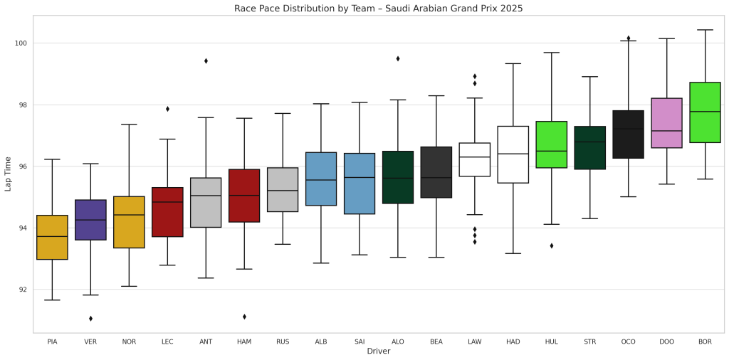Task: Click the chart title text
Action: point(378,9)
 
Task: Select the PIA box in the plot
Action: point(52,238)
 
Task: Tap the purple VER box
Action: point(90,220)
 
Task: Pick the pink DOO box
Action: point(666,123)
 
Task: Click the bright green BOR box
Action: point(705,112)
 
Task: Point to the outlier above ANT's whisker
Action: point(206,61)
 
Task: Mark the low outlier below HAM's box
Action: point(244,317)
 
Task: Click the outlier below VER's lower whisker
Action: point(90,318)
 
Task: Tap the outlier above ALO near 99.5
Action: point(398,58)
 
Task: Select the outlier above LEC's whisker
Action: point(167,109)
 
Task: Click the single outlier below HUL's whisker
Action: point(551,245)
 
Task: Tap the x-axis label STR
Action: point(589,342)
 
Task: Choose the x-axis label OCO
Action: point(628,342)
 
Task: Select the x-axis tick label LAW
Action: point(474,342)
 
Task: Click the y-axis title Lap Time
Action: point(9,174)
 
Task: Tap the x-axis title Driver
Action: point(378,351)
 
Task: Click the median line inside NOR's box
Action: point(129,215)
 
